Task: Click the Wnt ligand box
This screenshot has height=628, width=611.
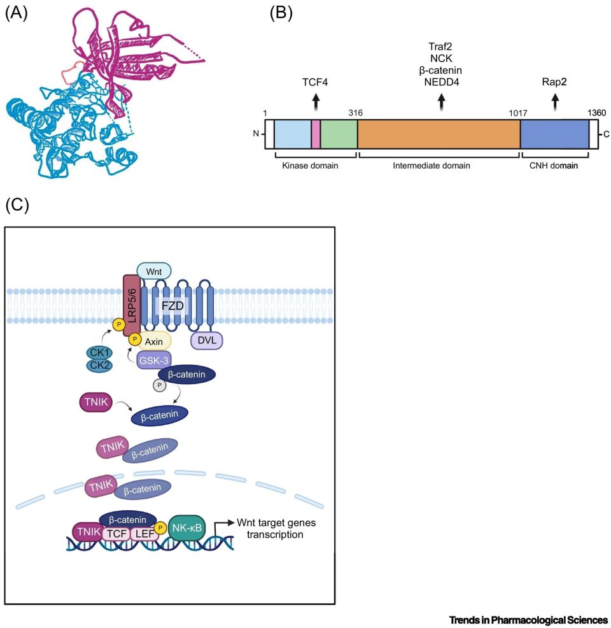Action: [154, 271]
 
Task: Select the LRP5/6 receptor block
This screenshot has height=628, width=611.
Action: [132, 306]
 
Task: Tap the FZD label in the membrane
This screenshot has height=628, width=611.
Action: [172, 306]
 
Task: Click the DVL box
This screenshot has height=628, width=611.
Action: [207, 341]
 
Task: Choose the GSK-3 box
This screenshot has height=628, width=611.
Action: [154, 360]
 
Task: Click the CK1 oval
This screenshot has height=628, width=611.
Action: [100, 353]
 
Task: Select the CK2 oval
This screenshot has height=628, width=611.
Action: [100, 365]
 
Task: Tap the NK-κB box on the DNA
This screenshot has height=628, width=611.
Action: [187, 528]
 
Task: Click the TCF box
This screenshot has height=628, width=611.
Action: [116, 534]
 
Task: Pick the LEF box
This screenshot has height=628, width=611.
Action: [144, 534]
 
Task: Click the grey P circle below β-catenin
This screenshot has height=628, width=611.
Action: [160, 386]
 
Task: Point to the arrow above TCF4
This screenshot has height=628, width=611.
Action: [316, 102]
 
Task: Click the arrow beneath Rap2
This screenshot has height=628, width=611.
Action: [555, 102]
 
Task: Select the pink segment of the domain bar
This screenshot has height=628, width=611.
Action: [316, 134]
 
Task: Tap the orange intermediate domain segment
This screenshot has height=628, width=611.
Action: [439, 134]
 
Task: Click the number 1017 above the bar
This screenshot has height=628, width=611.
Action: [518, 113]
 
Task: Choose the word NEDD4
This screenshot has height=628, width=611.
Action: [441, 82]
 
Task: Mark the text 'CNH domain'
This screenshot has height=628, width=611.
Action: [553, 166]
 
